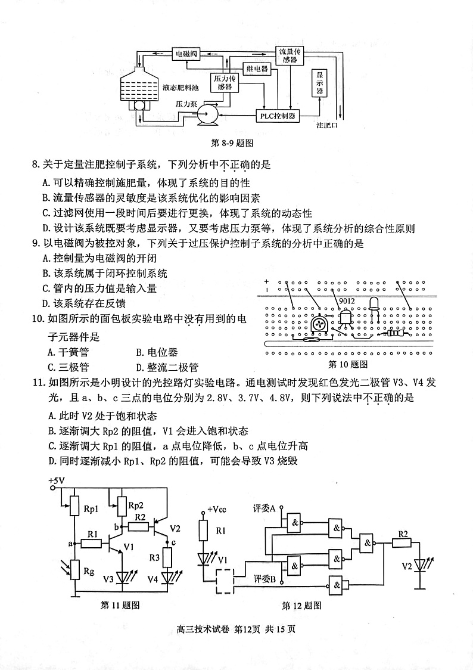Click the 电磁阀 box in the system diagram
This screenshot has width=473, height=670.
click(185, 54)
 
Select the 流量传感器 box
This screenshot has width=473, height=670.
click(290, 55)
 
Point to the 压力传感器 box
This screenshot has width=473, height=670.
click(224, 82)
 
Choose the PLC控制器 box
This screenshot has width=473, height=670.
click(278, 116)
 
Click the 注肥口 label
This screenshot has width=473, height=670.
click(327, 126)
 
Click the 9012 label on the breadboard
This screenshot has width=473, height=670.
click(347, 301)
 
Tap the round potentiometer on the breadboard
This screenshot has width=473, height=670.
click(319, 324)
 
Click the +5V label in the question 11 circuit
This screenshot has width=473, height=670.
click(57, 480)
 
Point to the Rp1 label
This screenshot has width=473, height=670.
click(91, 508)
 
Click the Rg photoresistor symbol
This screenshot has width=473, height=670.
click(74, 570)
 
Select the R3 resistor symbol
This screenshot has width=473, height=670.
click(168, 557)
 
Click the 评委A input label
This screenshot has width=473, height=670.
click(264, 508)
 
